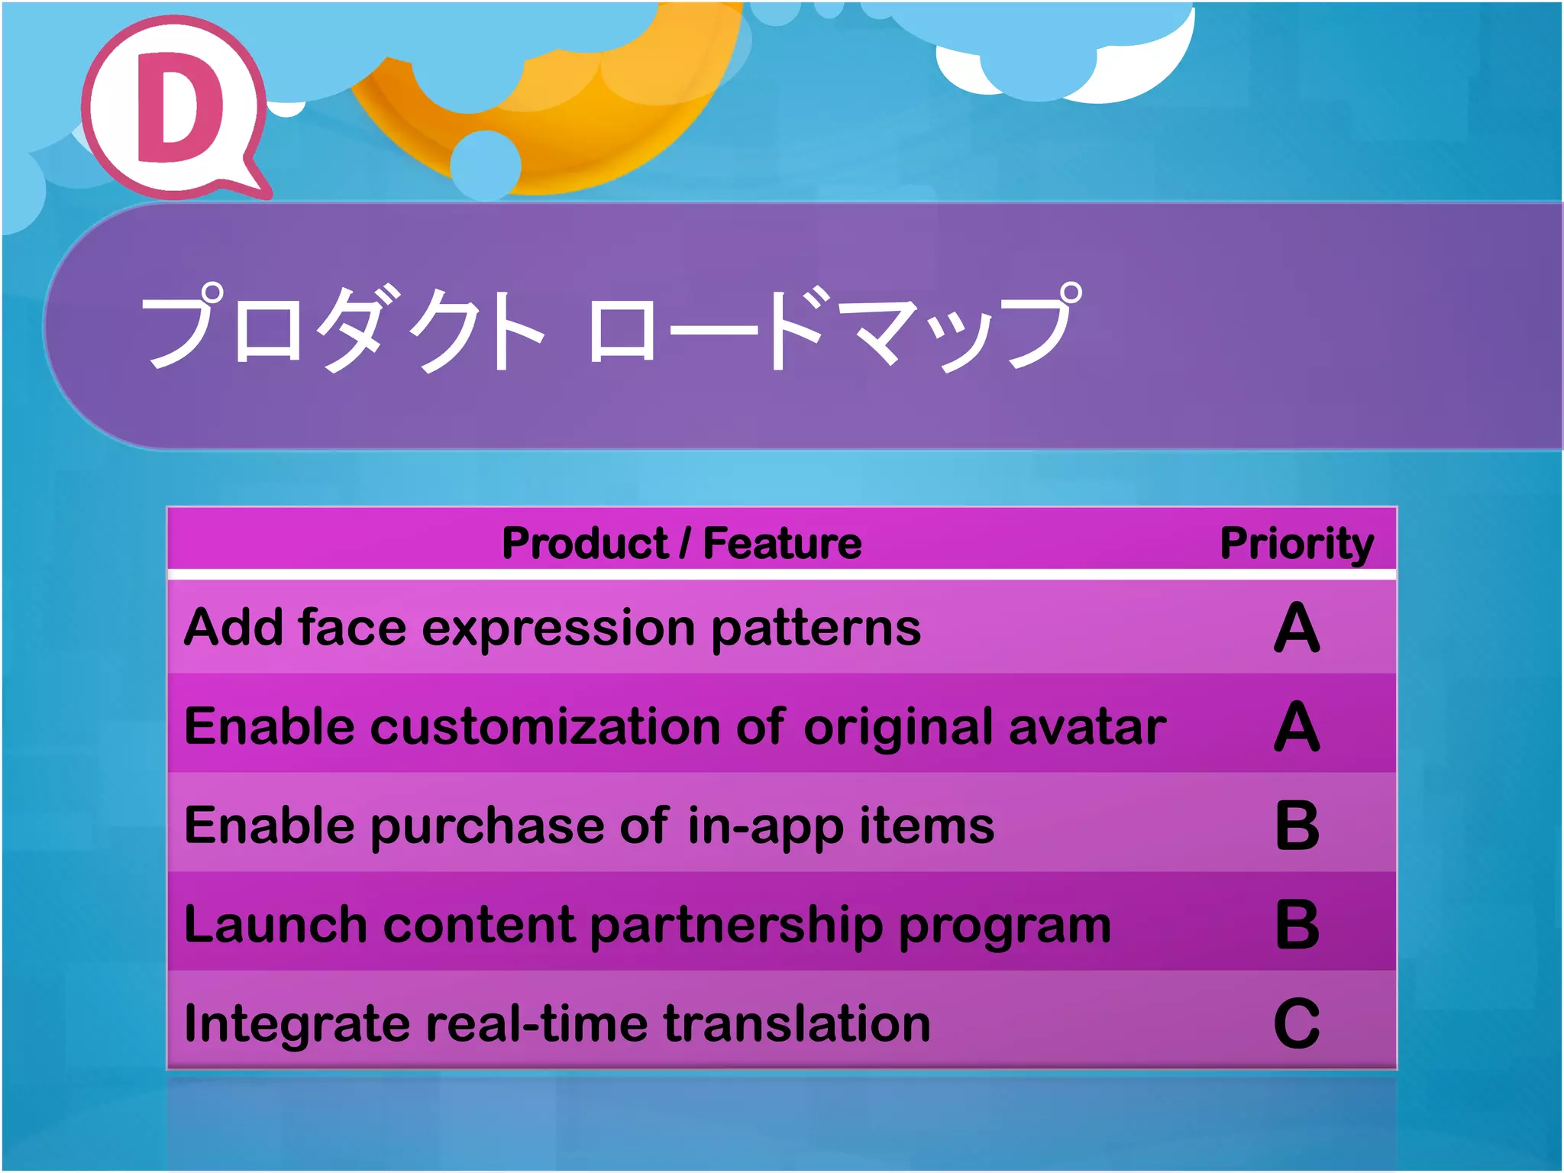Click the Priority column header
click(x=1296, y=544)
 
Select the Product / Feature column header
click(x=681, y=544)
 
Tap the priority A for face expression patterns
click(x=1297, y=628)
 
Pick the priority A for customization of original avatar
click(x=1297, y=727)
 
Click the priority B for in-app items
click(x=1297, y=826)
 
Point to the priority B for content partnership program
click(x=1297, y=925)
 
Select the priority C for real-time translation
click(x=1297, y=1024)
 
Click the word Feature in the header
click(x=782, y=544)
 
